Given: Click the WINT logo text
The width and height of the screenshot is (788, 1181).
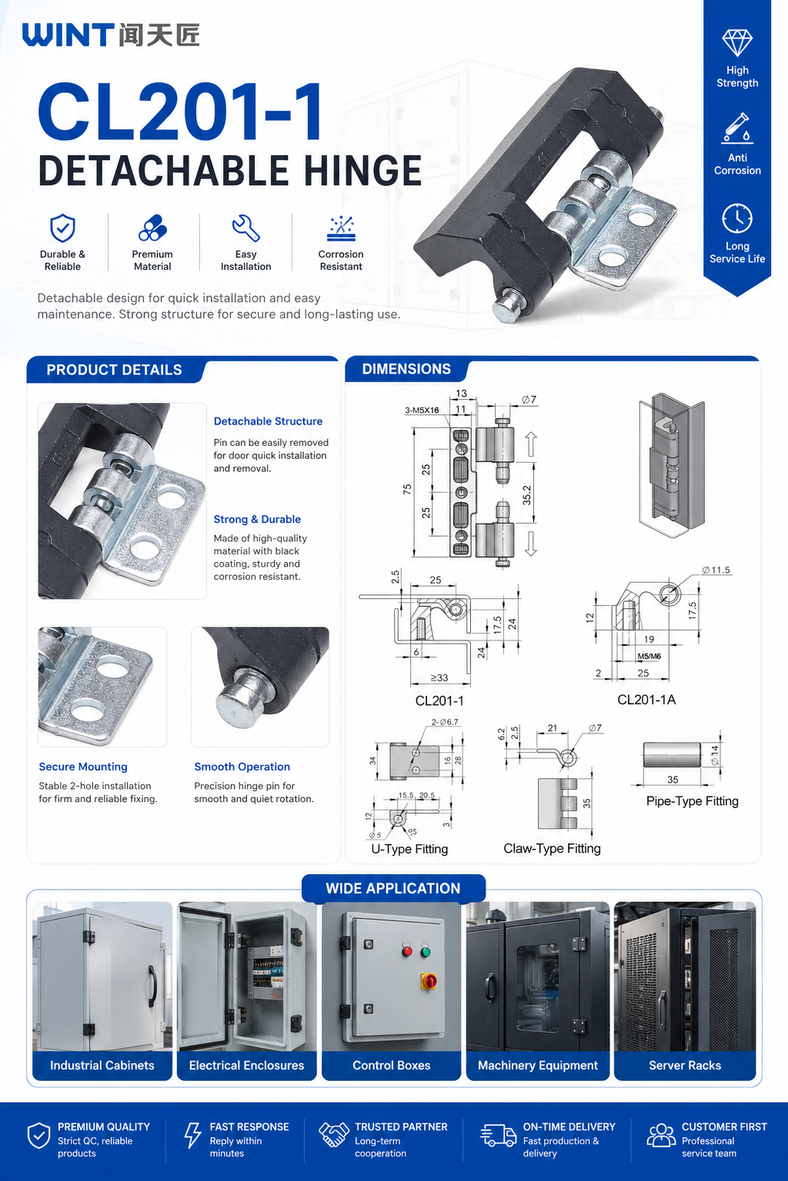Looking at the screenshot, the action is click(68, 35).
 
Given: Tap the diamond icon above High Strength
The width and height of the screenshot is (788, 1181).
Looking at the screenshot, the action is click(736, 43).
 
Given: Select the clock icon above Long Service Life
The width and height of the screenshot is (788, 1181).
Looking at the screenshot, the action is click(736, 218).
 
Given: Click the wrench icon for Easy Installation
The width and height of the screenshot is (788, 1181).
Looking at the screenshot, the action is click(246, 228).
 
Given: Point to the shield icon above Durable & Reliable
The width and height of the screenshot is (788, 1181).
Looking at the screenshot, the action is click(62, 228).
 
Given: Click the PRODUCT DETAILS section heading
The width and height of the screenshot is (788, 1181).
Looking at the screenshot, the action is click(114, 370).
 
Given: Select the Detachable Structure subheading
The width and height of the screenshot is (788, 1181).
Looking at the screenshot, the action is click(268, 421).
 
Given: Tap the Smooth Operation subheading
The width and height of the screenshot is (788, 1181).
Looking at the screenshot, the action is click(242, 767).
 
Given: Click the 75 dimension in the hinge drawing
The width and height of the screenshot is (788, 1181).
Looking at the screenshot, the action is click(407, 489).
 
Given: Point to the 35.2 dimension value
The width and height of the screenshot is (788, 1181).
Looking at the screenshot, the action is click(526, 495).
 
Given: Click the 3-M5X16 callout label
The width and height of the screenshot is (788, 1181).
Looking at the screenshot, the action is click(422, 410).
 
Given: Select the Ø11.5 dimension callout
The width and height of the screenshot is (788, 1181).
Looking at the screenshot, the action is click(716, 570).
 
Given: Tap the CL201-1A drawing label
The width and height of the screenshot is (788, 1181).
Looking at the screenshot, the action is click(646, 700).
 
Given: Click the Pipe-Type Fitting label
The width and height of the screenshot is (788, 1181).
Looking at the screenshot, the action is click(693, 801).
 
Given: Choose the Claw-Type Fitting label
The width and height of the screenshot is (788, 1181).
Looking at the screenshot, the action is click(552, 848).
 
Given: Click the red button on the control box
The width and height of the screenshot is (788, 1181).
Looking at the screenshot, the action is click(407, 951).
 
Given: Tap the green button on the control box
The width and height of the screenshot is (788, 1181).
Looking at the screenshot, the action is click(426, 952).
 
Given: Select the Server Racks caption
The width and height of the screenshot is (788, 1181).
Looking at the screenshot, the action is click(685, 1065).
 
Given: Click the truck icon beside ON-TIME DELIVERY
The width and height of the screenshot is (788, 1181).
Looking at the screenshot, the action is click(498, 1135).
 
